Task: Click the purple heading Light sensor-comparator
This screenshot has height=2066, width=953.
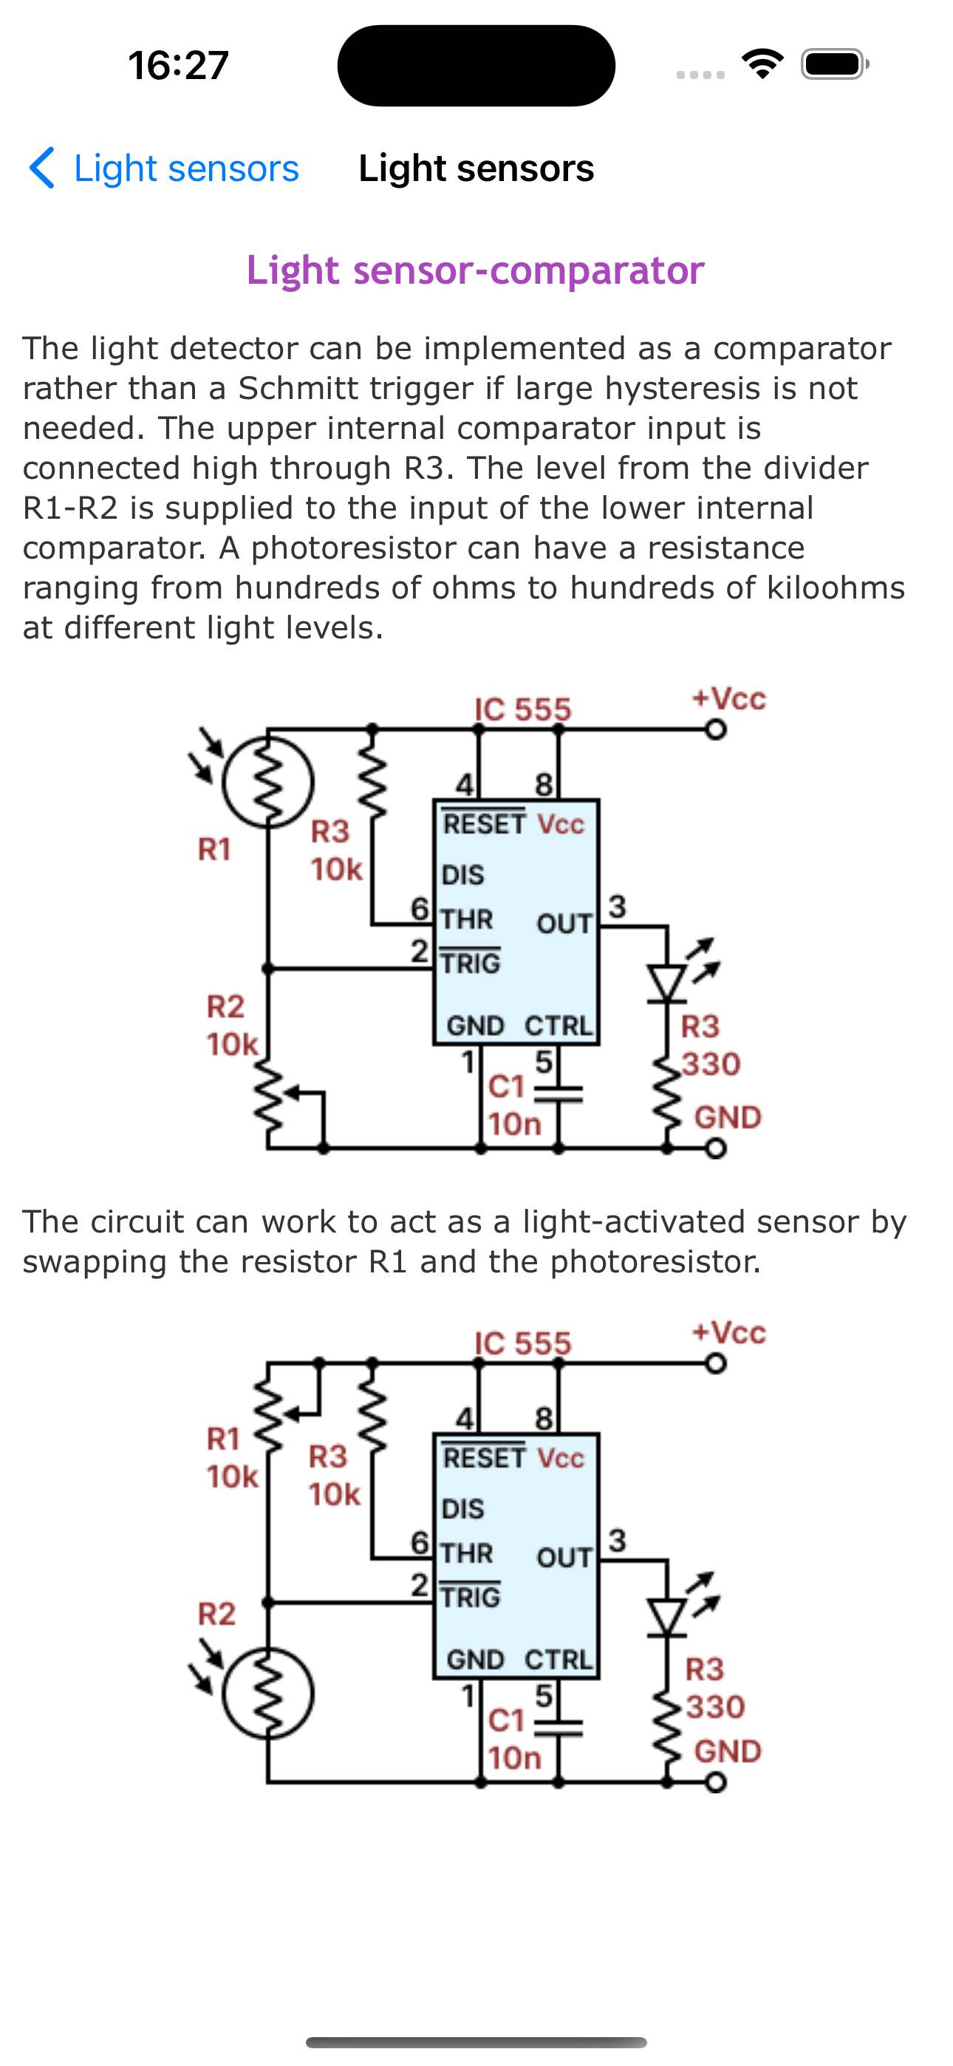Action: click(475, 270)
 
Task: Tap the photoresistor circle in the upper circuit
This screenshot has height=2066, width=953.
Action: click(268, 781)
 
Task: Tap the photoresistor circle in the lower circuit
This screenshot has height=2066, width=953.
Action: click(268, 1692)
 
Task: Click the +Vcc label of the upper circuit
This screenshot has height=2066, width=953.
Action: click(728, 698)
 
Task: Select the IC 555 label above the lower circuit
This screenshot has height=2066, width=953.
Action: click(522, 1343)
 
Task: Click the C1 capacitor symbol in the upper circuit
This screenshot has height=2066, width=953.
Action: click(559, 1094)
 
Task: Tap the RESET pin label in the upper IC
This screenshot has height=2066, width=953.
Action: click(485, 824)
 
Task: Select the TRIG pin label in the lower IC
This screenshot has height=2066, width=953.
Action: click(470, 1597)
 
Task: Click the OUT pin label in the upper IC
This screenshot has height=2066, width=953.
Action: click(564, 923)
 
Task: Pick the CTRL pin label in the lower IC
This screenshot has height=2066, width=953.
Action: click(559, 1659)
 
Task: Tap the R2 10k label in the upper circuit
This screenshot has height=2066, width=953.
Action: click(232, 1025)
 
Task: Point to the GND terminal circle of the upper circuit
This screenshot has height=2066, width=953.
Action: click(717, 1148)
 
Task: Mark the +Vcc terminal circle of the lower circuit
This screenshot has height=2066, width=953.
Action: click(717, 1363)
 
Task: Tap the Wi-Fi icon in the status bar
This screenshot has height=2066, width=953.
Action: click(762, 64)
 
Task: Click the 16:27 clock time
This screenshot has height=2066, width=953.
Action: click(178, 65)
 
